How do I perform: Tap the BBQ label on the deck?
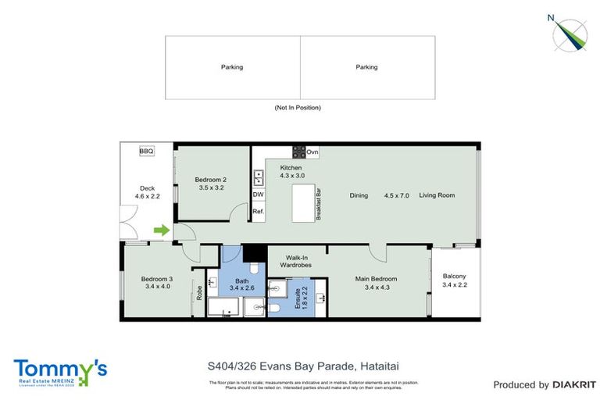coord(146,151)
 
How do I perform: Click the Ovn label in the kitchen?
coord(312,152)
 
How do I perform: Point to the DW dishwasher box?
coord(258,195)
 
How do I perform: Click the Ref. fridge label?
coord(258,212)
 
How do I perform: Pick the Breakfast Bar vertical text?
coord(319,205)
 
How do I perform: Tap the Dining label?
coord(359,195)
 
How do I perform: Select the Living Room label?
coord(437,195)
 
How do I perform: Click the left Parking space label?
coord(232,67)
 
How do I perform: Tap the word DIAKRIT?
coord(575,384)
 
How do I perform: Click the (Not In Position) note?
coord(298,108)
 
